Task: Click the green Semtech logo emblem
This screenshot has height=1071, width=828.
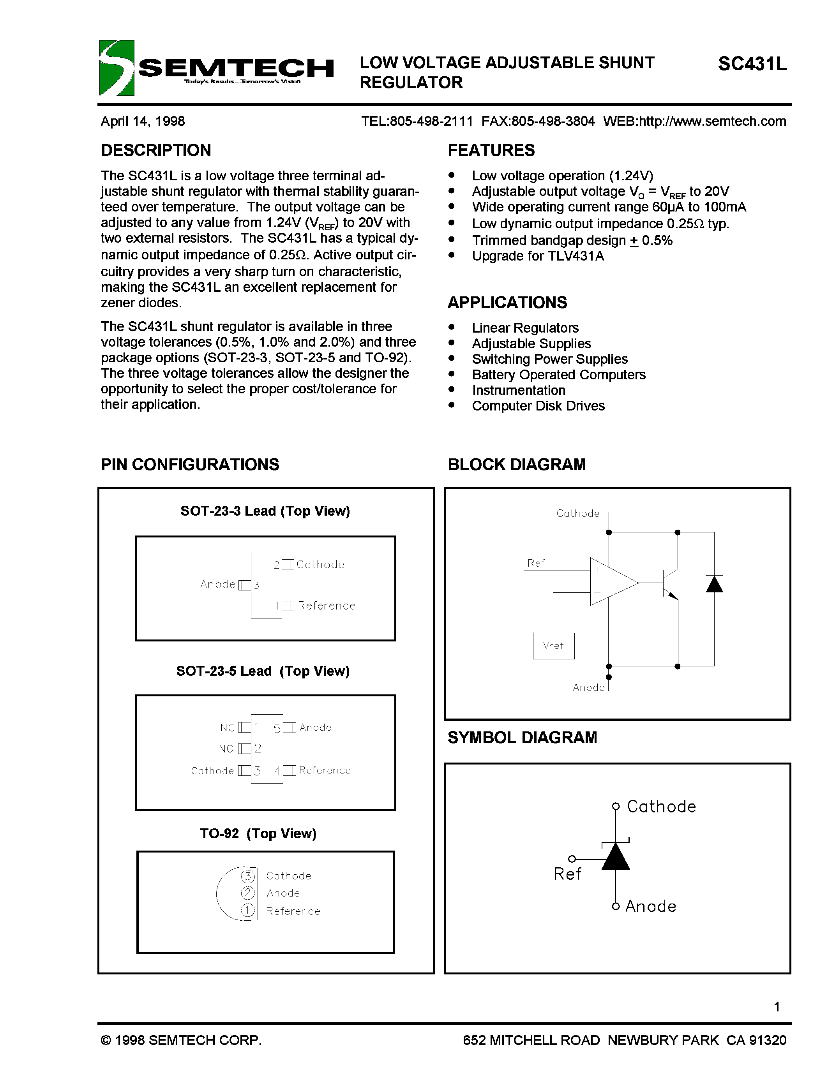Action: (x=116, y=68)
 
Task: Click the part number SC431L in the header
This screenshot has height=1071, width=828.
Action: (x=752, y=64)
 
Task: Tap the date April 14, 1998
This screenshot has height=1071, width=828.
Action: (x=143, y=121)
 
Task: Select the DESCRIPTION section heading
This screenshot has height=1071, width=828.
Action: (x=156, y=150)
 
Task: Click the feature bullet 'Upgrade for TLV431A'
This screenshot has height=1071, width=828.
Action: (x=538, y=256)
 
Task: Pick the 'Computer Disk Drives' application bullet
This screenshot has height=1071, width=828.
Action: (x=538, y=406)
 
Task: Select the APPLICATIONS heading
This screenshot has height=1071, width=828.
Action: (x=507, y=303)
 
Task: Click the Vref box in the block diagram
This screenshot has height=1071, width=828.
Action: (x=553, y=646)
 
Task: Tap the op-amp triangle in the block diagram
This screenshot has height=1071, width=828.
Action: (x=611, y=582)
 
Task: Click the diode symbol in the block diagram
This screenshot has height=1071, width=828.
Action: (x=714, y=584)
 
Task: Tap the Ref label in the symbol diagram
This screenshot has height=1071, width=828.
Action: (x=568, y=874)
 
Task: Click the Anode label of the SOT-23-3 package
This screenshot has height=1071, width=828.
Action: (x=218, y=584)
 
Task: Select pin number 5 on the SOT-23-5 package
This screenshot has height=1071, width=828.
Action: (x=277, y=729)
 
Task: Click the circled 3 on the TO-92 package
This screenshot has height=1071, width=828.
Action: (x=248, y=876)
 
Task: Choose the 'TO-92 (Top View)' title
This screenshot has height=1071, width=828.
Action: (x=258, y=833)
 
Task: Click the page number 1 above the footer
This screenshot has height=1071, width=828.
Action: (x=777, y=1007)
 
